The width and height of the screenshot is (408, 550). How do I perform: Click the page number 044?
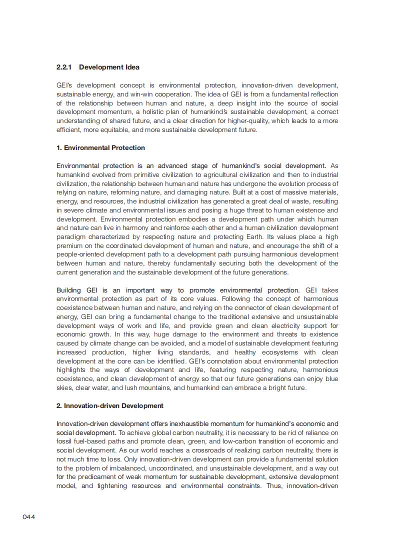[28, 516]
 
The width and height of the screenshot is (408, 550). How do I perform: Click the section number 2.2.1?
[64, 67]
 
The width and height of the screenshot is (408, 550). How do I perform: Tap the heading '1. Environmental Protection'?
[100, 147]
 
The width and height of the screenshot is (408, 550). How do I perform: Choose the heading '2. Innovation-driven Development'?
[109, 405]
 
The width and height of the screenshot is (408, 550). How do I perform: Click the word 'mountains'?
[144, 387]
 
